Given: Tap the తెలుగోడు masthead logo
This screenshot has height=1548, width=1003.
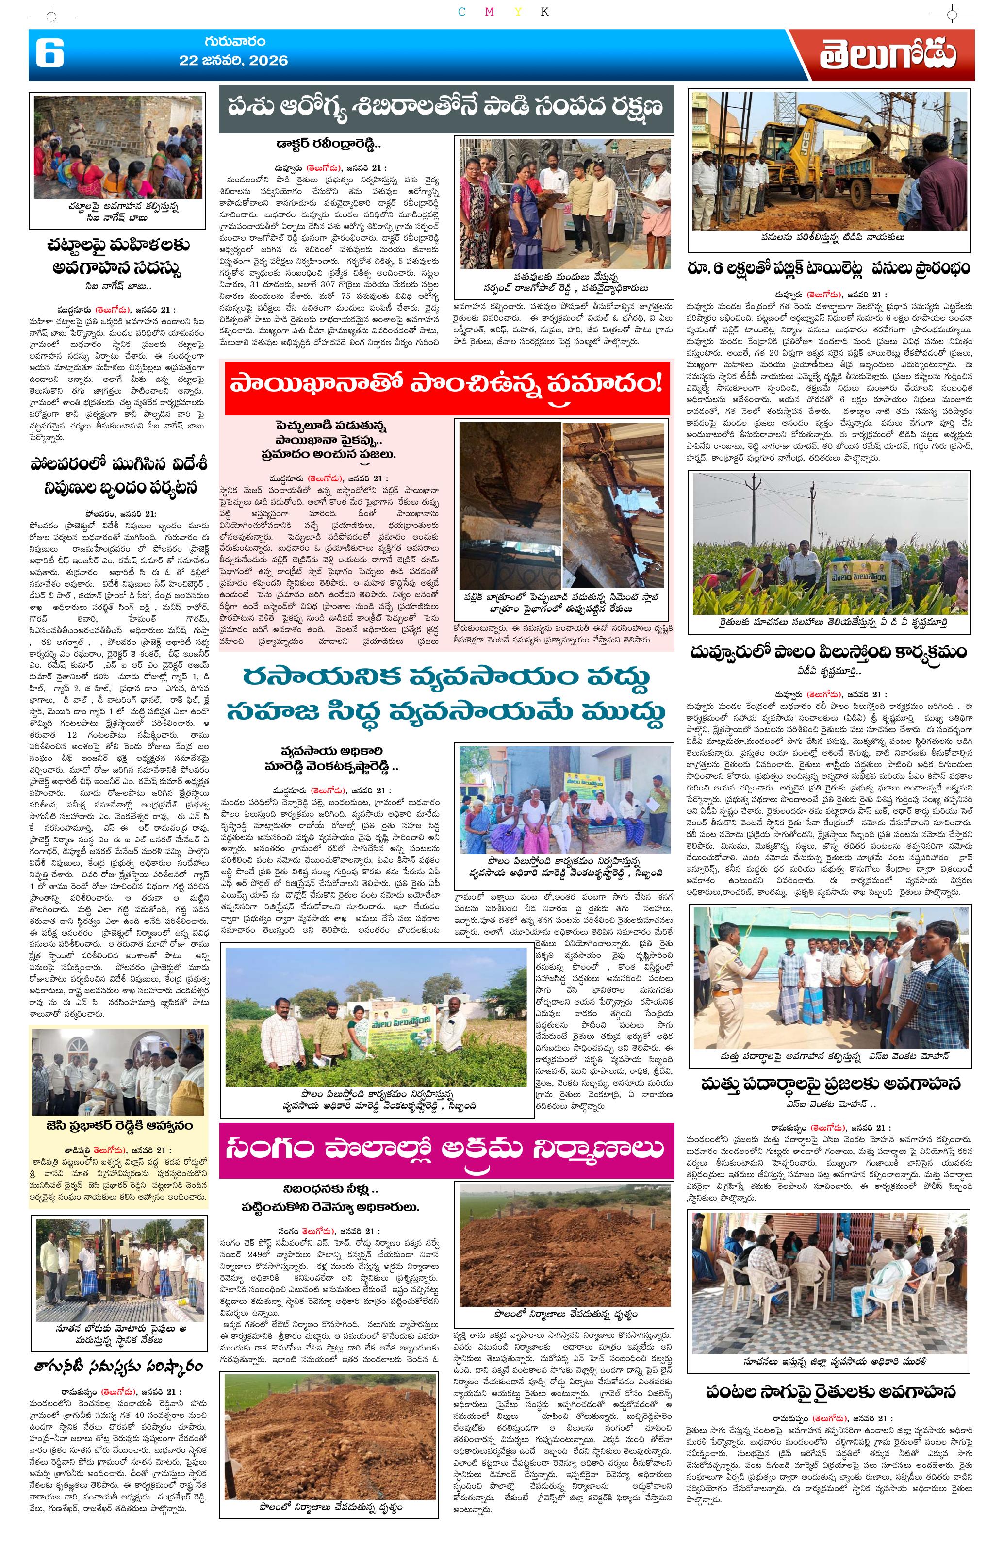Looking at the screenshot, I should point(887,55).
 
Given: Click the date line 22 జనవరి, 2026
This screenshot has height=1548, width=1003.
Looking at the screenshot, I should point(233,61).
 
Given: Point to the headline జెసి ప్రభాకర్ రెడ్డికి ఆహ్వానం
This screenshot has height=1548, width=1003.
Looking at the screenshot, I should point(119,1125).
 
